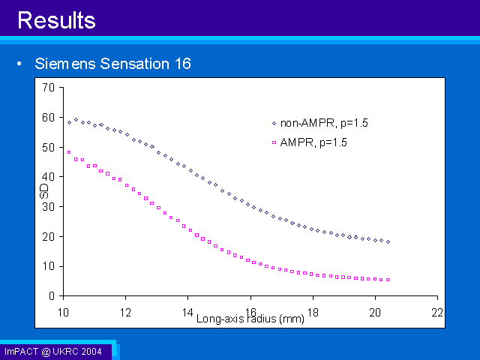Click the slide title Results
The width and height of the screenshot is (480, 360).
point(57,20)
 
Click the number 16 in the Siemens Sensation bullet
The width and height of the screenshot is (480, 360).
point(183,64)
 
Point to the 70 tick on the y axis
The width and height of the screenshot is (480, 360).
point(48,88)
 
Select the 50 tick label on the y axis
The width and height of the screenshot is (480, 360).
point(48,147)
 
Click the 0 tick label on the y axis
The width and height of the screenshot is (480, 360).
point(52,296)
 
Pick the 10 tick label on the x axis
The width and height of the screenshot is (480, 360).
point(63,313)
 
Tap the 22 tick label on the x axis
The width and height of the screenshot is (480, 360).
point(437,313)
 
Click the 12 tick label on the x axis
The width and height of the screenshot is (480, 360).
point(125,313)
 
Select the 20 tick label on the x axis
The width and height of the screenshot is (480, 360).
point(375,313)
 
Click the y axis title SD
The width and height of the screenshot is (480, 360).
point(44,191)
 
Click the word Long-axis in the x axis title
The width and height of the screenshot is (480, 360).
point(220,319)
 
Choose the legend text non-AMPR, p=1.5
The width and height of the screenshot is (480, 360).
point(324,123)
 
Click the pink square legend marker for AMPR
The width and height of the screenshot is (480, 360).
point(274,142)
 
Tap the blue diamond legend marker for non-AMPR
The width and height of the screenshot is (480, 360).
point(274,123)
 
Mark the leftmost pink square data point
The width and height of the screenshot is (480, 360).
point(69,152)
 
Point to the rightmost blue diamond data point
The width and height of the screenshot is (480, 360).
point(388,241)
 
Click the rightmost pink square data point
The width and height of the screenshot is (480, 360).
point(388,280)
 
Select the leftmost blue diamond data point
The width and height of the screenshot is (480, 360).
point(69,123)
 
